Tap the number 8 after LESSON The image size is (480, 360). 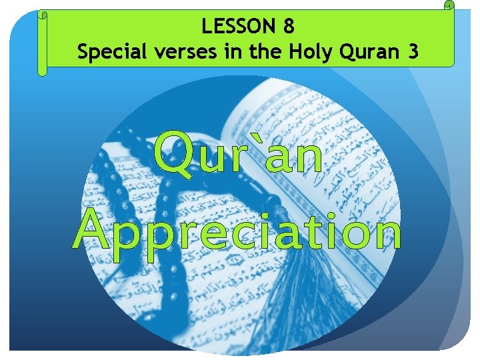287,27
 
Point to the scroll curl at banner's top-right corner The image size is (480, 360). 448,7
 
